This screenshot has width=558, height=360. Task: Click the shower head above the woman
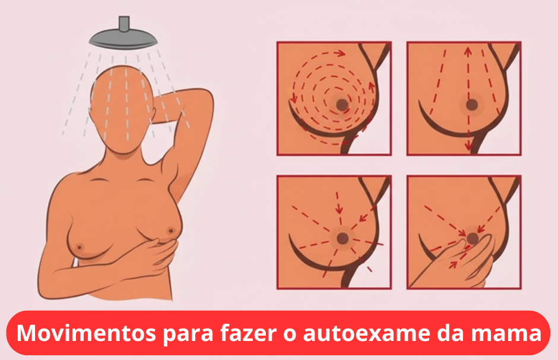(x=123, y=38)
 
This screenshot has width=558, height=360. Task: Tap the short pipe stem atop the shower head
(x=124, y=23)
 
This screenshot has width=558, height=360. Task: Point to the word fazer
(x=248, y=333)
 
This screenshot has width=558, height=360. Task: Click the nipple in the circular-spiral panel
(x=343, y=105)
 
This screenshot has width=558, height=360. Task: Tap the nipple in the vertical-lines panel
(x=472, y=105)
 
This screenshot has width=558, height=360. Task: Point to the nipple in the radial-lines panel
(x=343, y=238)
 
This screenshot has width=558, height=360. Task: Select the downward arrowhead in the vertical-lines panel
(x=468, y=146)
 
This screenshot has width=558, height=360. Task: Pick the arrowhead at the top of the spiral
(x=341, y=53)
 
